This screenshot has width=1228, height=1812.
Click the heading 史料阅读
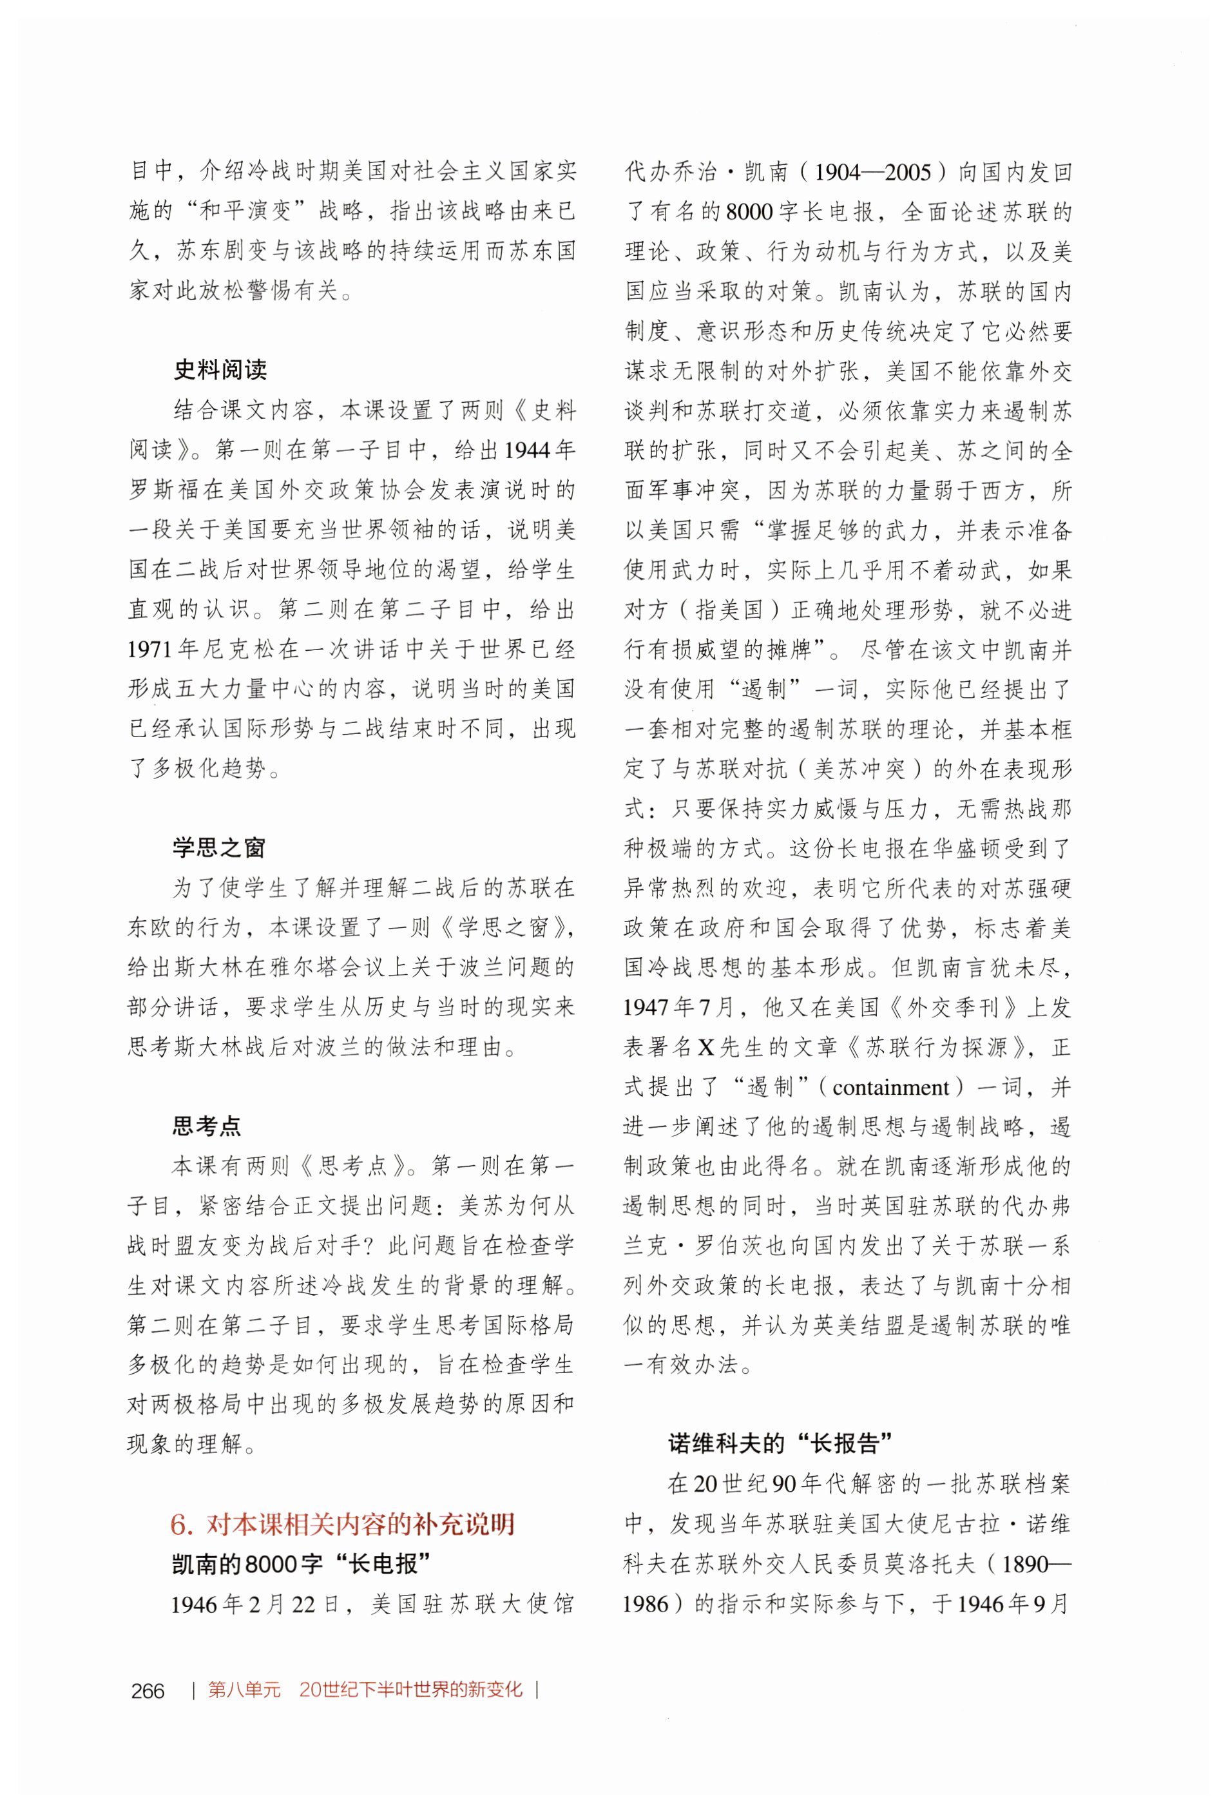(x=219, y=370)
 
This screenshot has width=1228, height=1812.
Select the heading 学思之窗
(x=219, y=847)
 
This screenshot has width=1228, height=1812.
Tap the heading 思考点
(x=207, y=1126)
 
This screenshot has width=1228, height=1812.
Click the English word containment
(x=891, y=1087)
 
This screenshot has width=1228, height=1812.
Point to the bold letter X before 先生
(x=705, y=1047)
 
